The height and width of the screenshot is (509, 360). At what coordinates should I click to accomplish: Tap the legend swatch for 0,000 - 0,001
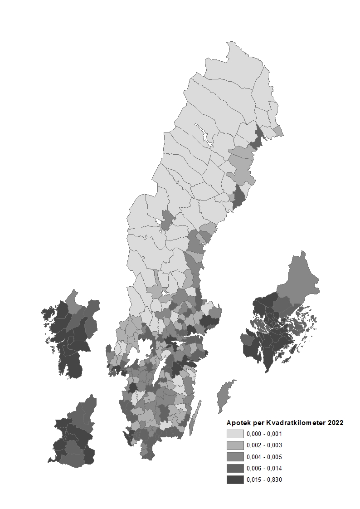[235, 434]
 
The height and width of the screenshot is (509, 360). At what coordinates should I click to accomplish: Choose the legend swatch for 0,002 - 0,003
[235, 445]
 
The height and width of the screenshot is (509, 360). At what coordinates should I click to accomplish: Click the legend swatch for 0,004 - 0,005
[235, 457]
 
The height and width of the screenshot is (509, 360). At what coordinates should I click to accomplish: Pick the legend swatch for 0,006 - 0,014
[235, 468]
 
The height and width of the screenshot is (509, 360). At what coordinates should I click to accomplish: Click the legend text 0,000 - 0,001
[264, 434]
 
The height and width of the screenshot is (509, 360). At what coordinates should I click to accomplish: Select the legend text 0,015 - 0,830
[264, 480]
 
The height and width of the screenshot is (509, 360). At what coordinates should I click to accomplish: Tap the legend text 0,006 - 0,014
[264, 468]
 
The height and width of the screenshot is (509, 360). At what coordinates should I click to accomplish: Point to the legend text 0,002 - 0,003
[264, 445]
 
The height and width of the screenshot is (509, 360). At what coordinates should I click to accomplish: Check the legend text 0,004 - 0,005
[264, 457]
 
